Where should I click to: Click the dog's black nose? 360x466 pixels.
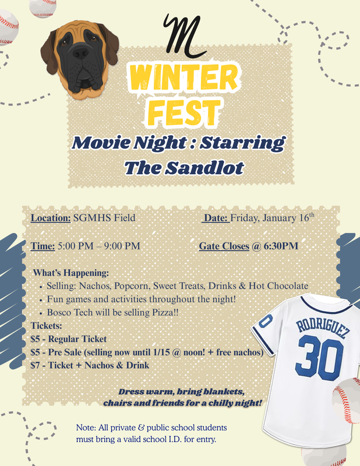click(x=81, y=54)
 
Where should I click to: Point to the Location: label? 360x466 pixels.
click(x=51, y=218)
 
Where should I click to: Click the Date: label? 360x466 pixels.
click(x=215, y=218)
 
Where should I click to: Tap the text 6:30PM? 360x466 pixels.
click(x=281, y=246)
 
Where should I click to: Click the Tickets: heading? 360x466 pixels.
click(x=46, y=325)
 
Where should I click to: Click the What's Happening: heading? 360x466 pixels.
click(x=71, y=273)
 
